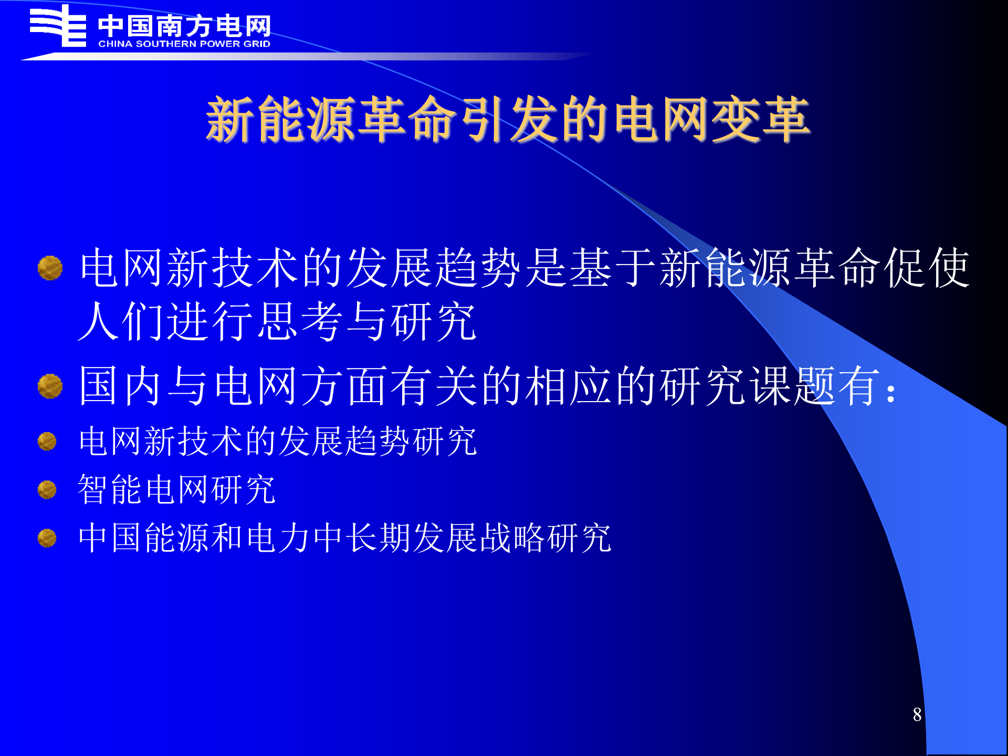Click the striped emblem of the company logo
[58, 26]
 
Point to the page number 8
[917, 715]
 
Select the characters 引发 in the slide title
[508, 120]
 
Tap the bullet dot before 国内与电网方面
[50, 386]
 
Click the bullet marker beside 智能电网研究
[47, 490]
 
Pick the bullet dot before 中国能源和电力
[47, 538]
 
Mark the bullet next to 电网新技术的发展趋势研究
[47, 442]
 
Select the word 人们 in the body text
[121, 321]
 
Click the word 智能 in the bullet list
[110, 489]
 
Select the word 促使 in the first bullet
[927, 268]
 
